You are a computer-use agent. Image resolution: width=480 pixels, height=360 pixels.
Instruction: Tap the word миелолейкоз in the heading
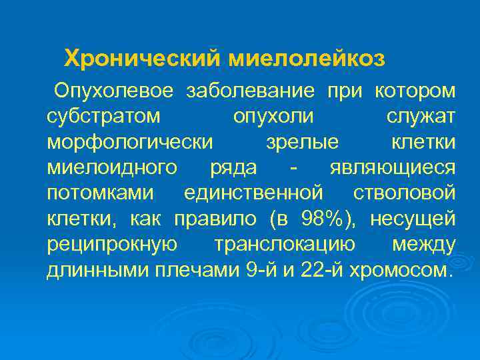[307, 59]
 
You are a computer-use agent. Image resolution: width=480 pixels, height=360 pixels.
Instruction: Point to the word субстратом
[104, 116]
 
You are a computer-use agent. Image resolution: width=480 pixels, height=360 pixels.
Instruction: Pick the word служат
[421, 116]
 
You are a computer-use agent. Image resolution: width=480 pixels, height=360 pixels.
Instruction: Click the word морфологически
[131, 142]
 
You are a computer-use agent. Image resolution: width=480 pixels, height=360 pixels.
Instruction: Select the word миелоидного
[113, 167]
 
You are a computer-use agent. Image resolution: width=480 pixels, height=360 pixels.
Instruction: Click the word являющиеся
[393, 167]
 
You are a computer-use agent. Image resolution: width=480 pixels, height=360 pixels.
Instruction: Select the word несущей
[413, 219]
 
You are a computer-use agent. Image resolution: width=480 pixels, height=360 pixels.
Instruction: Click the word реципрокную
[112, 245]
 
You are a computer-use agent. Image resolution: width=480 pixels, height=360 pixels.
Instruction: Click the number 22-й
[313, 270]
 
